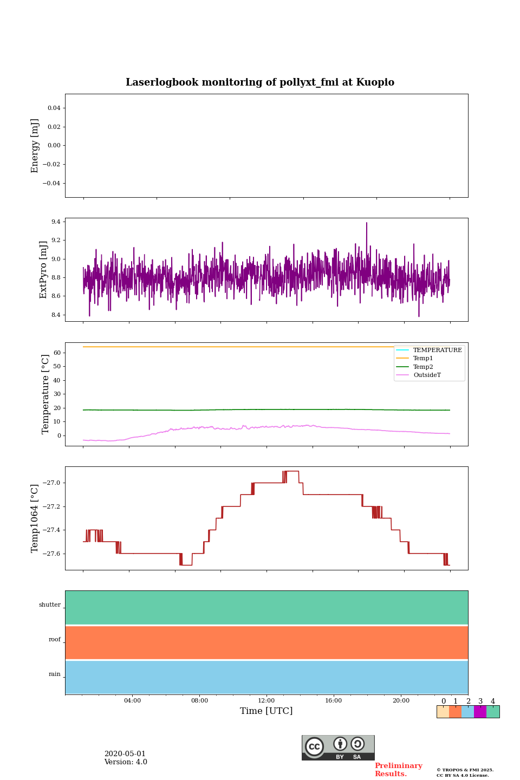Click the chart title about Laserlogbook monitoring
(260, 82)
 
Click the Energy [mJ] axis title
(35, 146)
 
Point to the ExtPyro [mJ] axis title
(44, 270)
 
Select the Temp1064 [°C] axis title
(35, 518)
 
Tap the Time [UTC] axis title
(266, 711)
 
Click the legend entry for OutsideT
(427, 375)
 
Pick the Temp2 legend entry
(423, 367)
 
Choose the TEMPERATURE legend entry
(437, 350)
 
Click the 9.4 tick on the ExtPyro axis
(55, 222)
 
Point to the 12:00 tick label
(266, 700)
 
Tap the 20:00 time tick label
(401, 700)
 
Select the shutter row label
(50, 605)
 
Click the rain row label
(55, 674)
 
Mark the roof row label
(55, 640)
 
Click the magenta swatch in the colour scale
(480, 712)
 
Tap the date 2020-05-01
(125, 754)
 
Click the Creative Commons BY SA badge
(338, 747)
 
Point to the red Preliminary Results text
(398, 770)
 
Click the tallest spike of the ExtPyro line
(366, 223)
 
